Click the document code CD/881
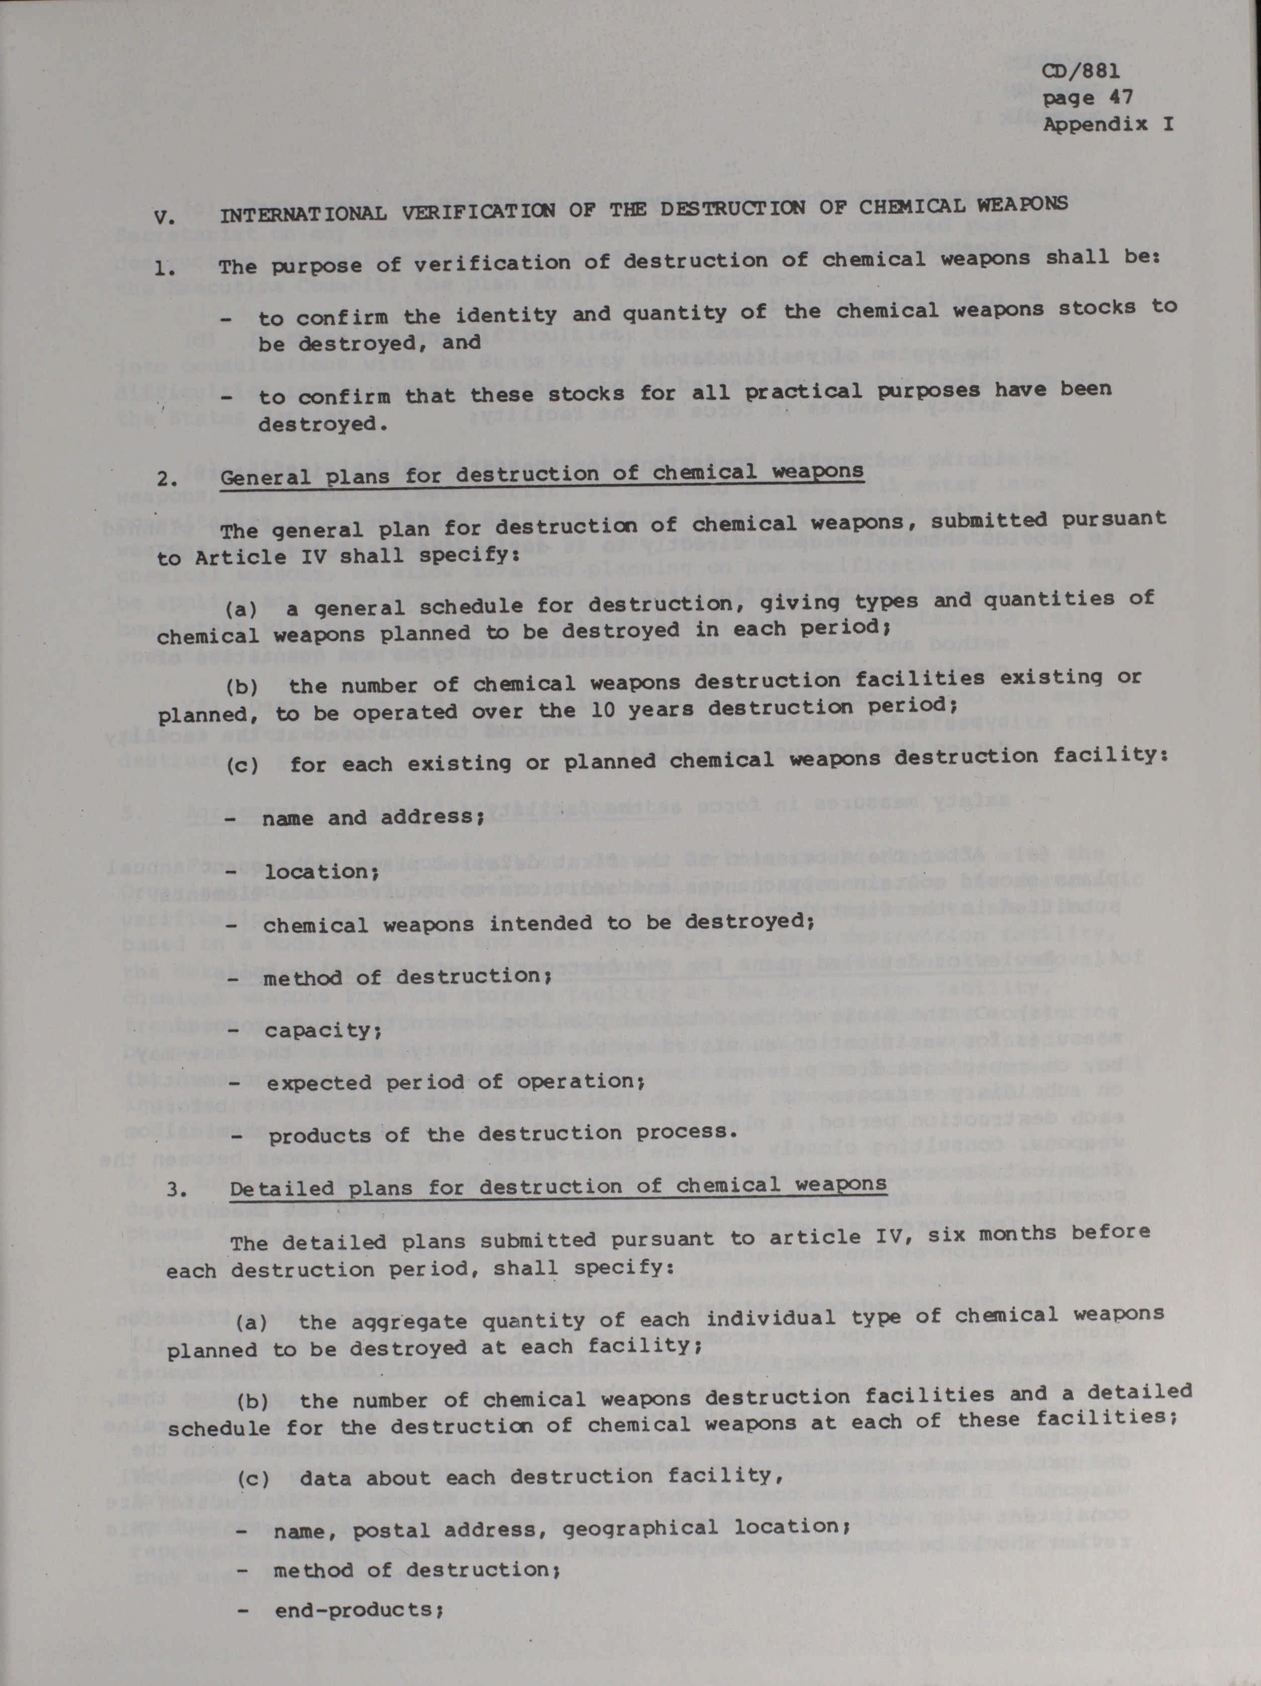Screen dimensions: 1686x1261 point(1081,72)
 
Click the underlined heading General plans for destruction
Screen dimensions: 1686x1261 point(541,473)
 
